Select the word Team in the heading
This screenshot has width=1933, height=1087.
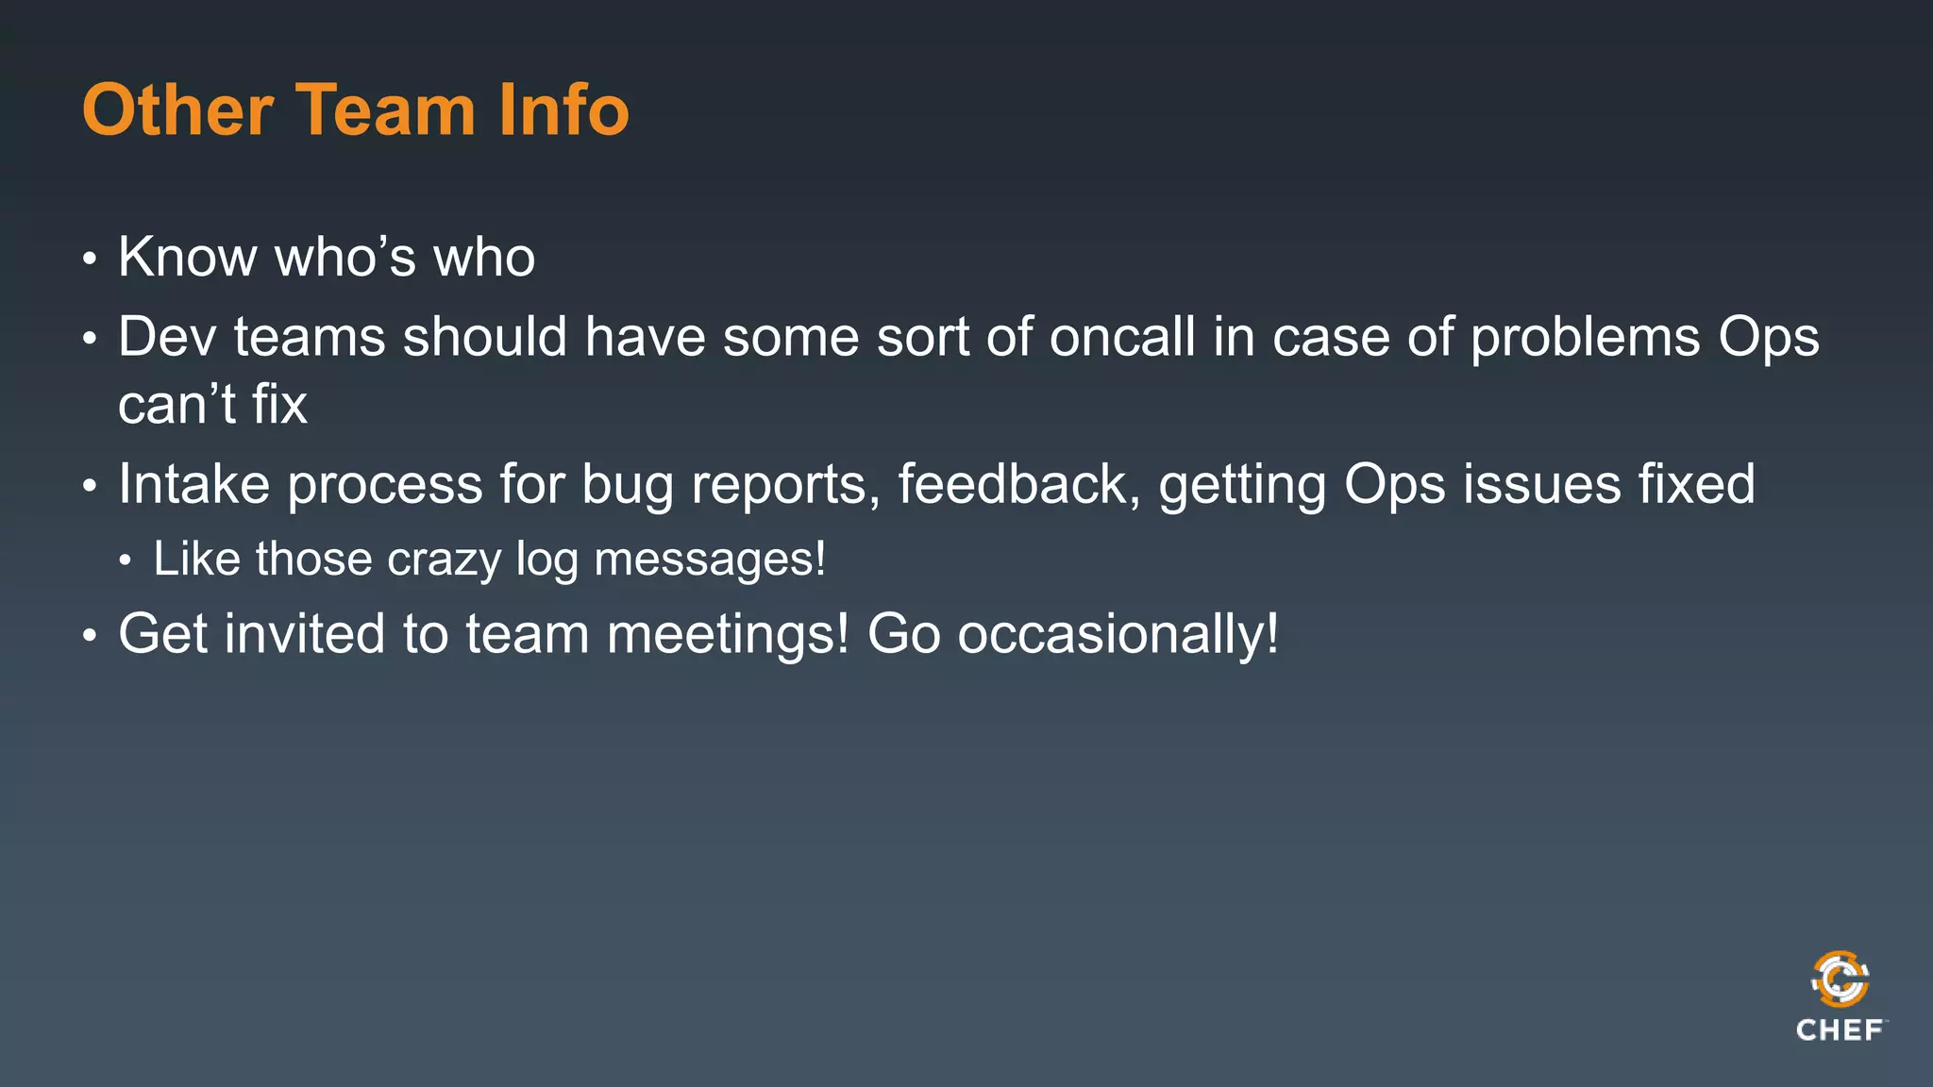[x=386, y=110]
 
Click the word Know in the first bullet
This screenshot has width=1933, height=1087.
[x=187, y=257]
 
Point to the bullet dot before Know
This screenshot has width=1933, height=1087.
[x=90, y=259]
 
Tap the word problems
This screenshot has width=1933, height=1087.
[x=1585, y=337]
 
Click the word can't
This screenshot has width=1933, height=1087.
[x=176, y=405]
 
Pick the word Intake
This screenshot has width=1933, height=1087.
[x=193, y=485]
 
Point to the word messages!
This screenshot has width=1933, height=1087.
[x=710, y=560]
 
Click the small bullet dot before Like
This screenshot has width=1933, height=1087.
[x=126, y=561]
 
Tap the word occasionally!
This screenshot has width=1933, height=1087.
[x=1118, y=635]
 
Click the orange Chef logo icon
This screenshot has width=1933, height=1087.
[x=1840, y=979]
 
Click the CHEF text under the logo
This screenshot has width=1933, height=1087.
[x=1840, y=1030]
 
